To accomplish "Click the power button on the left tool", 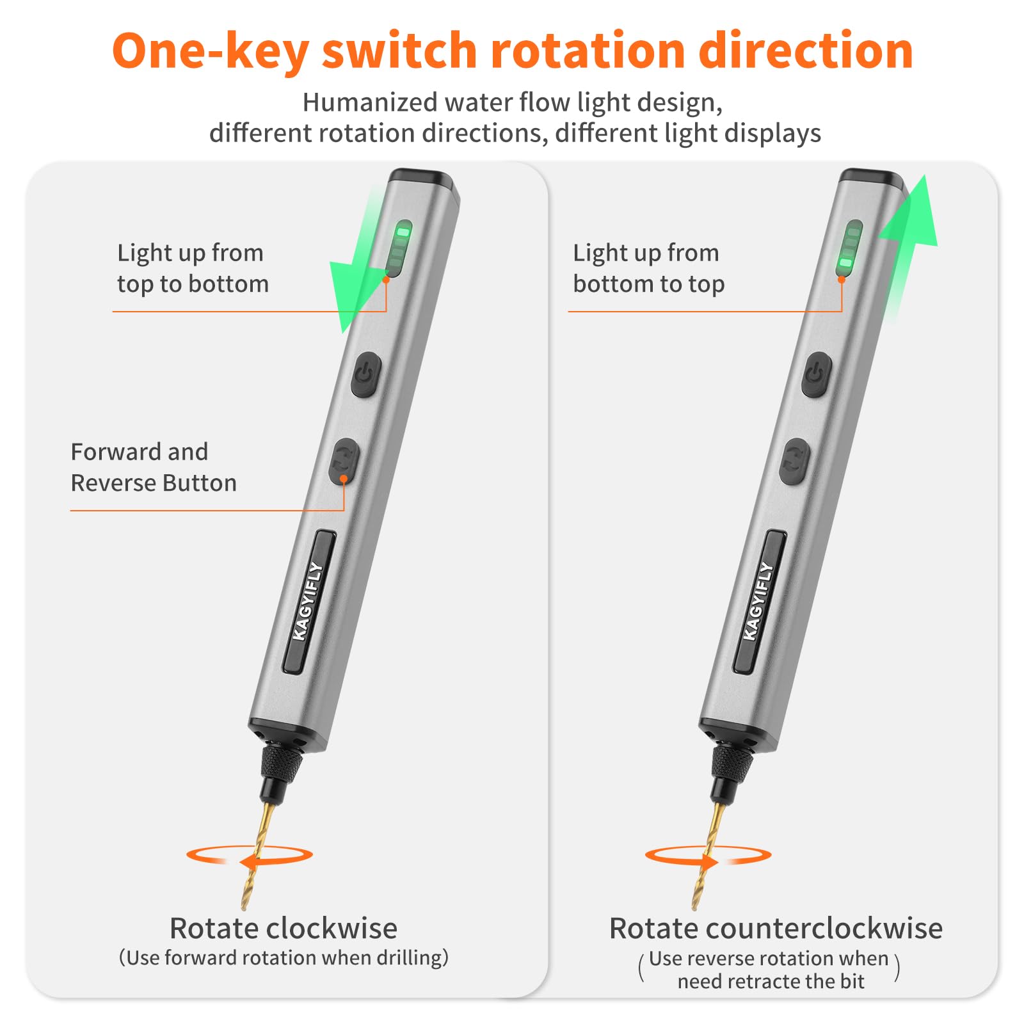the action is click(366, 374).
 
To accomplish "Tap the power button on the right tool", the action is click(817, 374).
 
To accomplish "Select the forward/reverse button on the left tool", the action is click(344, 461).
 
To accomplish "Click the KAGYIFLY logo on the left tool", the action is click(308, 601).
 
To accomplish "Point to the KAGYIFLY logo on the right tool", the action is click(759, 601).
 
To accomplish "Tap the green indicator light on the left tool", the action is click(399, 248).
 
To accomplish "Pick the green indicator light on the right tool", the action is click(849, 248).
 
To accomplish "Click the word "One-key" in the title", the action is click(211, 51).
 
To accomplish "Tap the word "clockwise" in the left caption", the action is click(332, 928).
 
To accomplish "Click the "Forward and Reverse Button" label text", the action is click(154, 467).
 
